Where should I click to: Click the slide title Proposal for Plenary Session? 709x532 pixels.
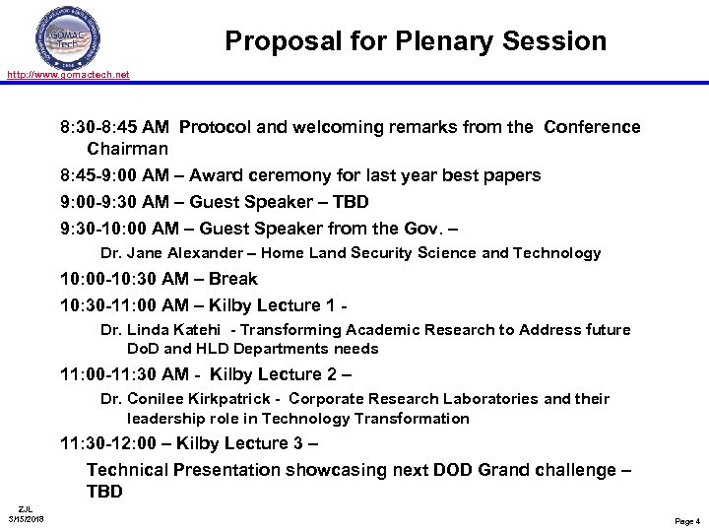(415, 40)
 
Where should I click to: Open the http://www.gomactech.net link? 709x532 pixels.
(66, 75)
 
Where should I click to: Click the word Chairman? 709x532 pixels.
(128, 149)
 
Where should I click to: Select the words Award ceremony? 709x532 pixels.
(262, 175)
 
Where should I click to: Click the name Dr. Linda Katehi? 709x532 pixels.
(162, 330)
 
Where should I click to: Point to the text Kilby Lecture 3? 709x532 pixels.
(257, 443)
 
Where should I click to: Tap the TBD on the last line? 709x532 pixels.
(104, 491)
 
